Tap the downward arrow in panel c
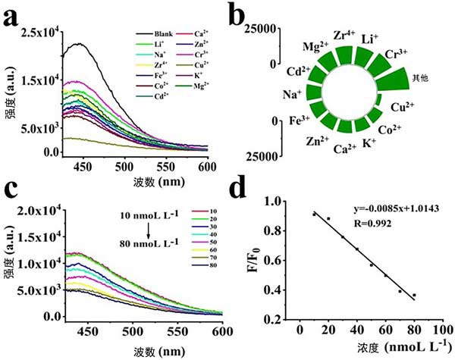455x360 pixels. click(149, 233)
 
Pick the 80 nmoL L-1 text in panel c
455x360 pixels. click(149, 244)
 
